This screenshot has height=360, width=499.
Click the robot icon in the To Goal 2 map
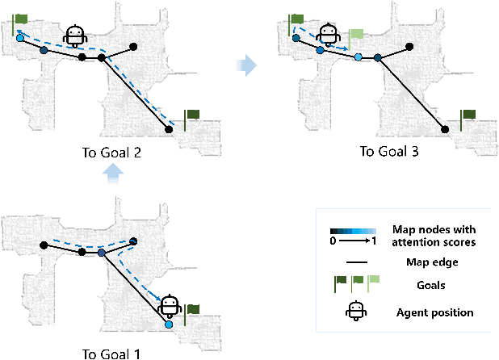77,36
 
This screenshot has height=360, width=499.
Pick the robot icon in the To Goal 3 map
328,36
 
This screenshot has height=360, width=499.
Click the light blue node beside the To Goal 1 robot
169,324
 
